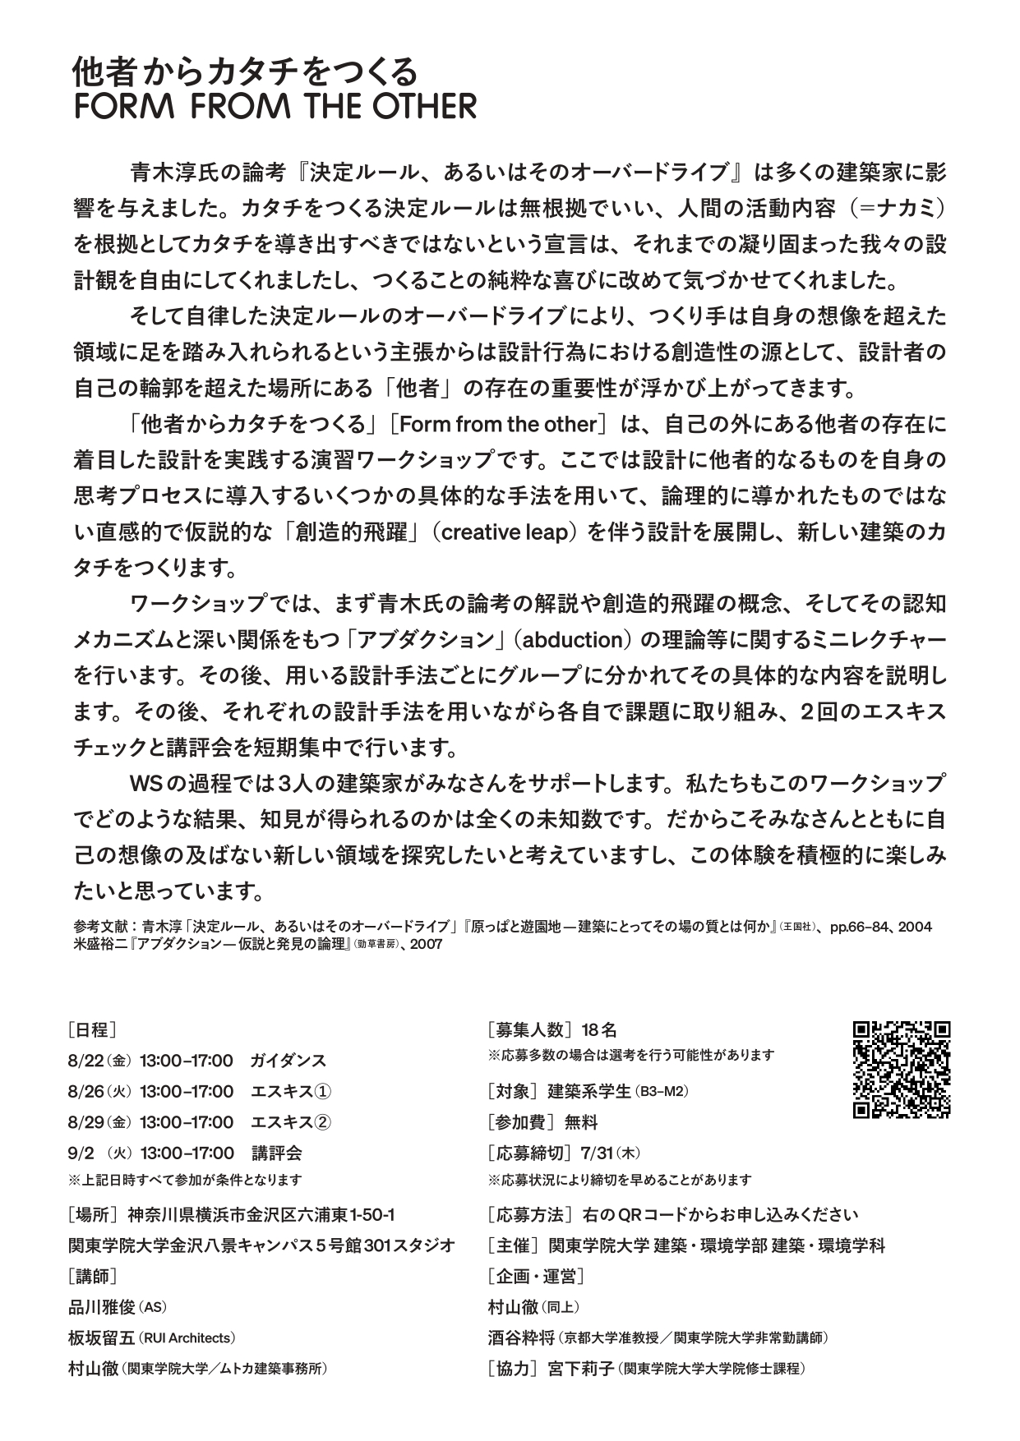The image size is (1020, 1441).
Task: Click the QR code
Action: click(902, 1069)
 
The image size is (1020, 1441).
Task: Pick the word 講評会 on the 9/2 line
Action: click(277, 1153)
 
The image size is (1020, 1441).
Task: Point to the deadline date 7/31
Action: click(598, 1153)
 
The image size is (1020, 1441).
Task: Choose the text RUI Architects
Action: click(188, 1338)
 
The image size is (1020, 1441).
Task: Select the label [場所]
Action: click(95, 1215)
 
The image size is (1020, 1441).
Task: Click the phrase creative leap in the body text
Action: click(505, 532)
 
